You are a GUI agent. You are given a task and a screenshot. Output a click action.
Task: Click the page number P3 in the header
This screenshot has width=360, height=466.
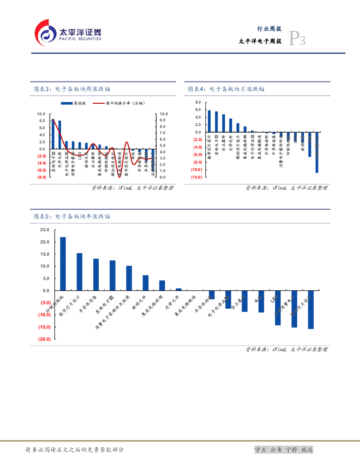point(297,40)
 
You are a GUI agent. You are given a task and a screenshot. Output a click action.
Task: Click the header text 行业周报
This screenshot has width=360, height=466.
point(269,28)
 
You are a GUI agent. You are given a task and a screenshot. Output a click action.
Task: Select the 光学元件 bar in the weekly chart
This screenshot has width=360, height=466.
point(60,135)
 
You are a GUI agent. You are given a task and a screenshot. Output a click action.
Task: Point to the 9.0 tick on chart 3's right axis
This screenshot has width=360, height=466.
point(163,120)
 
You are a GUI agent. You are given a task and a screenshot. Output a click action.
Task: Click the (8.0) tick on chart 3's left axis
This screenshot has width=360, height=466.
point(41,177)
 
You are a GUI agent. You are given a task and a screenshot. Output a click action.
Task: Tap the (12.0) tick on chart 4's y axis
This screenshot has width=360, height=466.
point(196,177)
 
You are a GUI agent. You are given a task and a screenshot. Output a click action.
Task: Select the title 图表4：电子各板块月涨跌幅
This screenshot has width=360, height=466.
point(226,89)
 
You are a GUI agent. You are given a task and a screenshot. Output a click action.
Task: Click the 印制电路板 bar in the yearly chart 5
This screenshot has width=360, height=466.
point(63,263)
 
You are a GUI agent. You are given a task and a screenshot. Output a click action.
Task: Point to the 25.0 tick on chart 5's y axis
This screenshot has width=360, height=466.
point(45,230)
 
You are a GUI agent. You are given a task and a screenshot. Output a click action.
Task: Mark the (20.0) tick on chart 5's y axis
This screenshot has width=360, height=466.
point(44,339)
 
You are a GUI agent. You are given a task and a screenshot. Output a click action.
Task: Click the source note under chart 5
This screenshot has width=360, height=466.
point(286,349)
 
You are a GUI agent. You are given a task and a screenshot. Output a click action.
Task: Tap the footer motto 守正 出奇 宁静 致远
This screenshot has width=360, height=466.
point(284,450)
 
